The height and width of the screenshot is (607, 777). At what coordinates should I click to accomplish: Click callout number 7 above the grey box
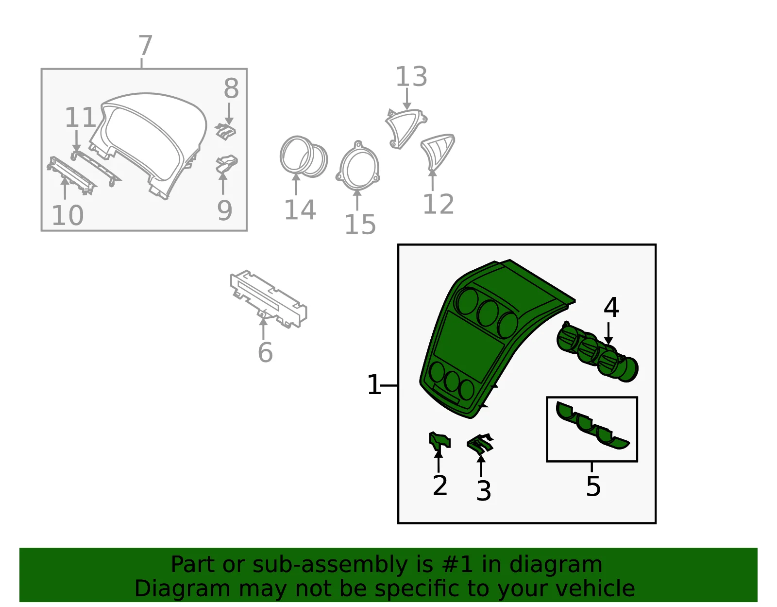pos(146,45)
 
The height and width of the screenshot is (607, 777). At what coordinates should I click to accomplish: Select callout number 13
pos(411,77)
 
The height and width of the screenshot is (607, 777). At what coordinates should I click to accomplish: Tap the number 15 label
pos(360,225)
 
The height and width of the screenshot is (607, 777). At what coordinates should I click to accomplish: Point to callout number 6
pos(265,352)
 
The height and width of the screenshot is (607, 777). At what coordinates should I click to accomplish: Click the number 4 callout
pos(611,307)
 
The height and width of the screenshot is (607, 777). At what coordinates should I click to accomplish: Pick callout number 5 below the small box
pos(593,486)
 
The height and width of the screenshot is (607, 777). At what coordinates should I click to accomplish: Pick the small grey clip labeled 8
pos(225,131)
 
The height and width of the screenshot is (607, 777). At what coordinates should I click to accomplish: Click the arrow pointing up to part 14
pos(296,184)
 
